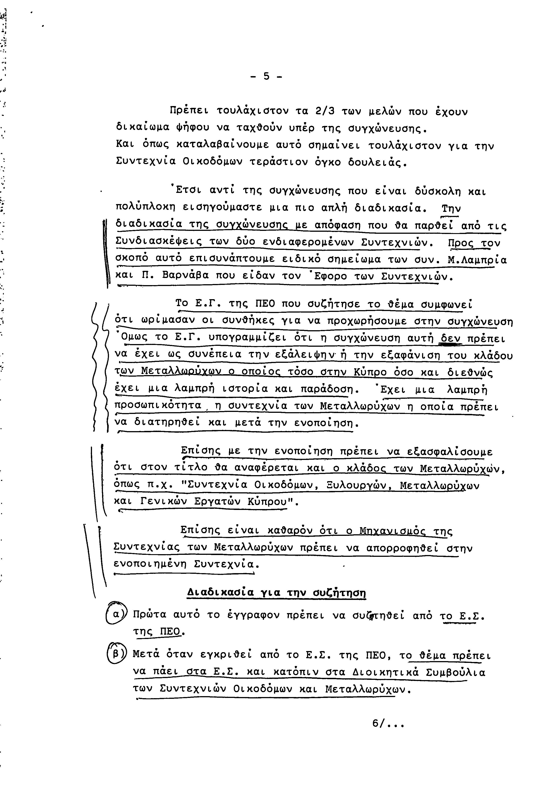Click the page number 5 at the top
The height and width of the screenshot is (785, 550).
(x=266, y=76)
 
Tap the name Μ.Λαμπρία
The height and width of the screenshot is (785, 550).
(x=477, y=260)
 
